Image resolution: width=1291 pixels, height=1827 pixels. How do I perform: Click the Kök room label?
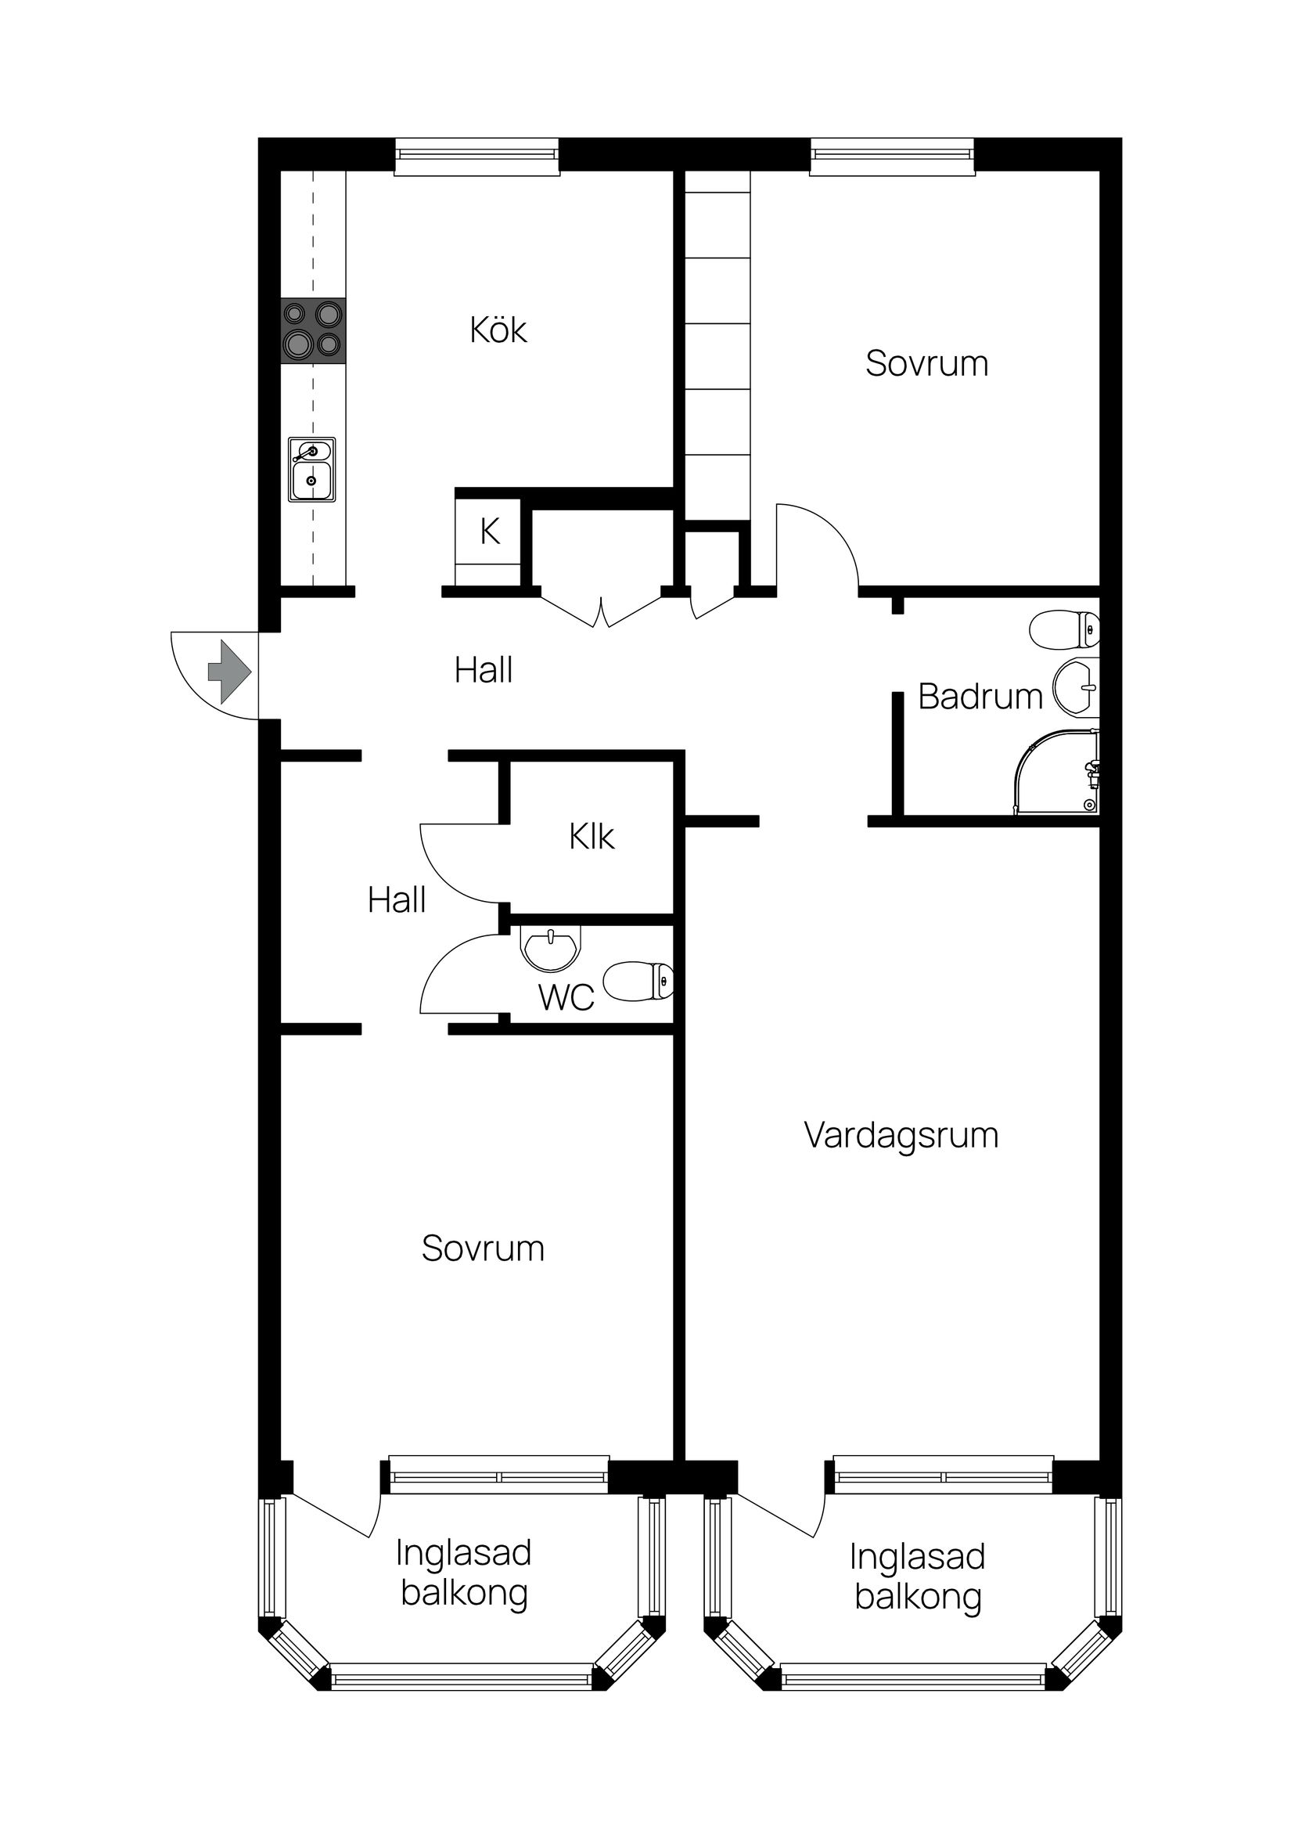click(x=498, y=331)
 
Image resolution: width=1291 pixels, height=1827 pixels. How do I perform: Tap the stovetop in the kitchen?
click(x=314, y=331)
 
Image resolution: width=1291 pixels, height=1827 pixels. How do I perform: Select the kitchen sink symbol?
click(x=312, y=470)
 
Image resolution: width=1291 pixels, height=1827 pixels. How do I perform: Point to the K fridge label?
click(x=490, y=532)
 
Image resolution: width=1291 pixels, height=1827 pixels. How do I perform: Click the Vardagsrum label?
click(x=901, y=1136)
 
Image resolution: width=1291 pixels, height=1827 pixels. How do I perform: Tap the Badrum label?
click(x=979, y=697)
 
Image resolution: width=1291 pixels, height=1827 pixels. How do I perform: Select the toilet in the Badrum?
click(x=1064, y=629)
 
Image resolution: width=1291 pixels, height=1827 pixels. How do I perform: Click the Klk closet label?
click(x=592, y=837)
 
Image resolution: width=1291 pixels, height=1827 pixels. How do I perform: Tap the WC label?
click(x=566, y=998)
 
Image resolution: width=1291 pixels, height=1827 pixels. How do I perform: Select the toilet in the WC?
click(x=638, y=980)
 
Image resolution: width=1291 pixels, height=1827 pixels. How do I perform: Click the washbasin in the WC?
click(x=549, y=947)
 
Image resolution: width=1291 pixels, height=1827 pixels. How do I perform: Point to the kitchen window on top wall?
click(x=477, y=157)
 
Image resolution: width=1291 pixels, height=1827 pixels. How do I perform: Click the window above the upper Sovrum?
click(x=893, y=157)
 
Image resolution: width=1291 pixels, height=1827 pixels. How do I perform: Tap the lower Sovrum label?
click(x=483, y=1249)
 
